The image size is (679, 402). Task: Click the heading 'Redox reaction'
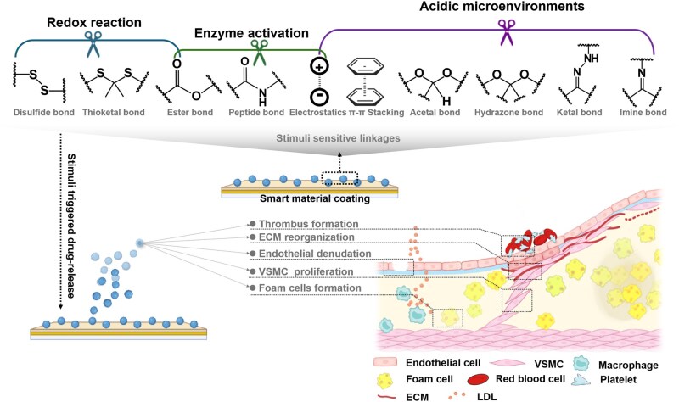(x=94, y=23)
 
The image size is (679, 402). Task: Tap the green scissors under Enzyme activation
(x=260, y=53)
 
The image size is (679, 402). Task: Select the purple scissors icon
(x=507, y=32)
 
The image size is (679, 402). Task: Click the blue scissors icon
(x=93, y=44)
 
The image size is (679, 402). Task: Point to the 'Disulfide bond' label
(x=44, y=113)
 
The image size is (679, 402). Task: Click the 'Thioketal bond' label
(x=114, y=113)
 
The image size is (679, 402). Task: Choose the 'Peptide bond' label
(x=256, y=113)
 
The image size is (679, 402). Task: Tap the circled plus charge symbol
(x=320, y=67)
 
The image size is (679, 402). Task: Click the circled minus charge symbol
(x=320, y=97)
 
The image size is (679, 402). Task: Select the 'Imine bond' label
(x=643, y=113)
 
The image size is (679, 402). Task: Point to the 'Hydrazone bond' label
(x=508, y=113)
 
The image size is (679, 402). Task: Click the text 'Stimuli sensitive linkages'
(x=338, y=138)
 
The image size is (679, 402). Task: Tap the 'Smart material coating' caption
(x=315, y=198)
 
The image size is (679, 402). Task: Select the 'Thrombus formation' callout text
(x=309, y=224)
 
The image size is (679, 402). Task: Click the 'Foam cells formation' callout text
(x=310, y=288)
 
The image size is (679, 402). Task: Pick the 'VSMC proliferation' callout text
(x=306, y=271)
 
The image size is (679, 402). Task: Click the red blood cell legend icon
(x=479, y=379)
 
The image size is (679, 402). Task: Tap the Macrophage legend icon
(x=581, y=365)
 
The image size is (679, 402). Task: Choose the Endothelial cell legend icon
(x=385, y=362)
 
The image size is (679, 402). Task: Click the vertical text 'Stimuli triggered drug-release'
(x=71, y=226)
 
